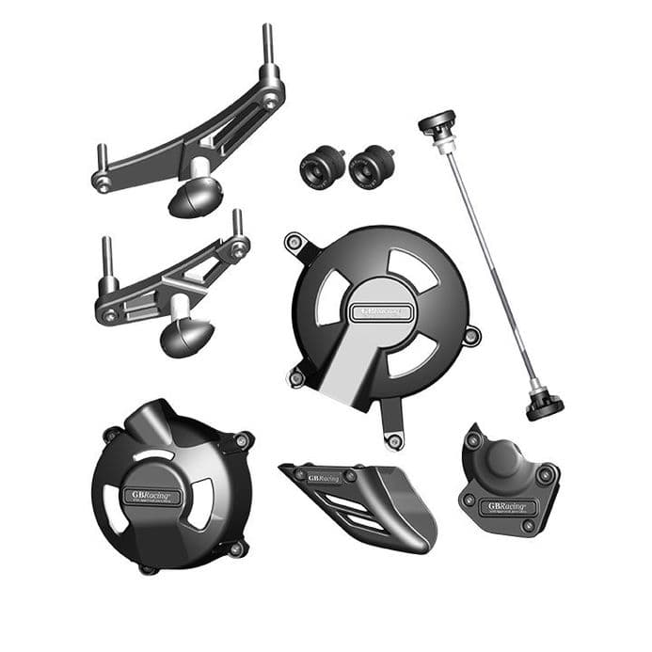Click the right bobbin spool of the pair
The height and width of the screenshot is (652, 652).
370,168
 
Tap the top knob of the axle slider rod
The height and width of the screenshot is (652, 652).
437,123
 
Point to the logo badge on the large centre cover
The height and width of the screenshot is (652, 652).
381,311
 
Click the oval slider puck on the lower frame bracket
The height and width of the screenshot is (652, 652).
186,336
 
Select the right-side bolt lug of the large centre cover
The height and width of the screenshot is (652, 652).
471,335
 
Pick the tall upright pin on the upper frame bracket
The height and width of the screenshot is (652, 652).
267,52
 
